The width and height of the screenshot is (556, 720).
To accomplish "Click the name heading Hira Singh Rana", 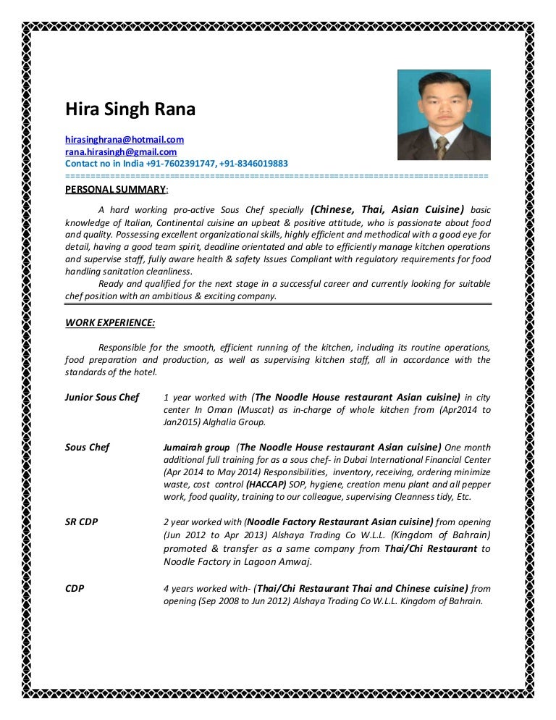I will [x=130, y=110].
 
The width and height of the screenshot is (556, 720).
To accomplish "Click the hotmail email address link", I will [x=125, y=139].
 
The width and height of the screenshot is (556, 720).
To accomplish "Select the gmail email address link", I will [x=121, y=152].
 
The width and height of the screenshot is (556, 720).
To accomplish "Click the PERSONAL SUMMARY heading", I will [x=116, y=190].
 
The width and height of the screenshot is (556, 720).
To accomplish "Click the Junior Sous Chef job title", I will [x=102, y=398].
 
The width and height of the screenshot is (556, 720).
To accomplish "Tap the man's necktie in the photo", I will [x=440, y=147].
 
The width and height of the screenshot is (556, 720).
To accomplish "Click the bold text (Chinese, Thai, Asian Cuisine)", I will [x=387, y=209].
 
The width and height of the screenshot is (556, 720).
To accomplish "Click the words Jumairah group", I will [x=197, y=448].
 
